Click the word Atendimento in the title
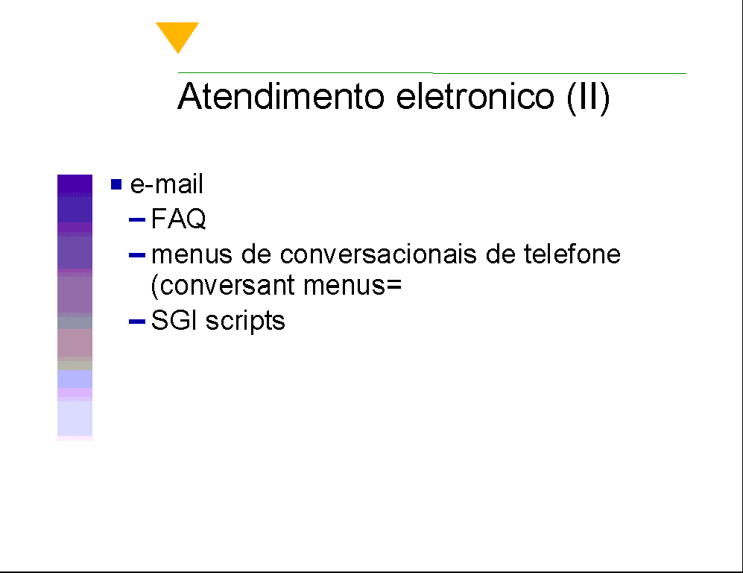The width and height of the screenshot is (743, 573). (x=281, y=96)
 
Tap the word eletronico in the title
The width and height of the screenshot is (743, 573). (x=475, y=96)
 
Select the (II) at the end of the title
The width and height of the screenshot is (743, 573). (x=588, y=98)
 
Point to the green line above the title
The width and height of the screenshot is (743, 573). (x=432, y=73)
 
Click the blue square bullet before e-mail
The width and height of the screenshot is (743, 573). (x=116, y=184)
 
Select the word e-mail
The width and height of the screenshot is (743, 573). (x=167, y=184)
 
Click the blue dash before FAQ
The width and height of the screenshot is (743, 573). (x=137, y=219)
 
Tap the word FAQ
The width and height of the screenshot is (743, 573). (x=179, y=219)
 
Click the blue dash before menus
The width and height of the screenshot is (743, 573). (x=137, y=255)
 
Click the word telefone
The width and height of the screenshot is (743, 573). (x=572, y=254)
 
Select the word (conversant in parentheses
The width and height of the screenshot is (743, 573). (x=222, y=286)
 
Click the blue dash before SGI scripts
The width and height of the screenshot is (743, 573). (x=137, y=322)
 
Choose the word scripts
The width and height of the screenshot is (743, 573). (x=245, y=322)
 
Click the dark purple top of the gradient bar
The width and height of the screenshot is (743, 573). (x=75, y=185)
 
